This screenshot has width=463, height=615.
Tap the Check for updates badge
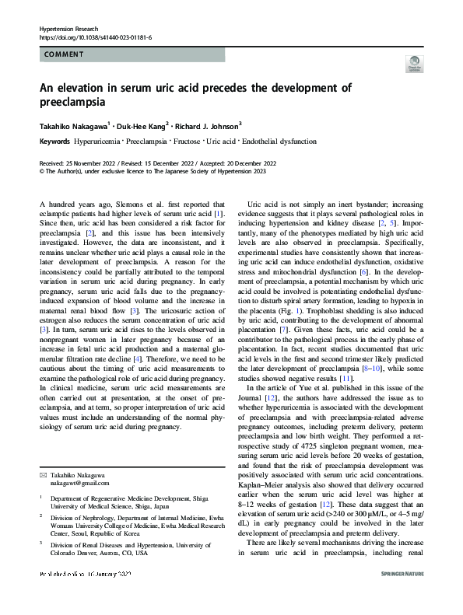click(415, 65)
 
